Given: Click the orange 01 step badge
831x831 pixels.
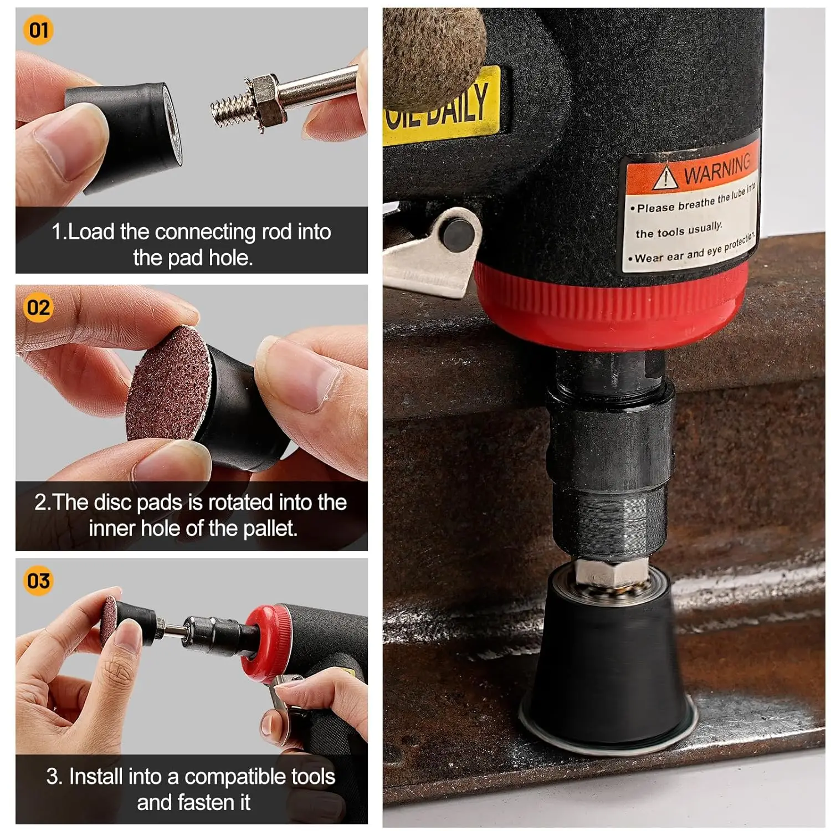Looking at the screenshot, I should click(x=38, y=29).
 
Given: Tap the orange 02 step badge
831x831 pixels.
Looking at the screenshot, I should click(x=38, y=307).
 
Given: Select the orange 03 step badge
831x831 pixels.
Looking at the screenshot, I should click(x=38, y=581).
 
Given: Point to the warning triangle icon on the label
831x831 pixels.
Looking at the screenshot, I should click(x=665, y=178).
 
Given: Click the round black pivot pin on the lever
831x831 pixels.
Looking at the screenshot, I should click(x=458, y=232).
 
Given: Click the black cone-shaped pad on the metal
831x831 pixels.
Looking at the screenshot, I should click(x=607, y=665).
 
